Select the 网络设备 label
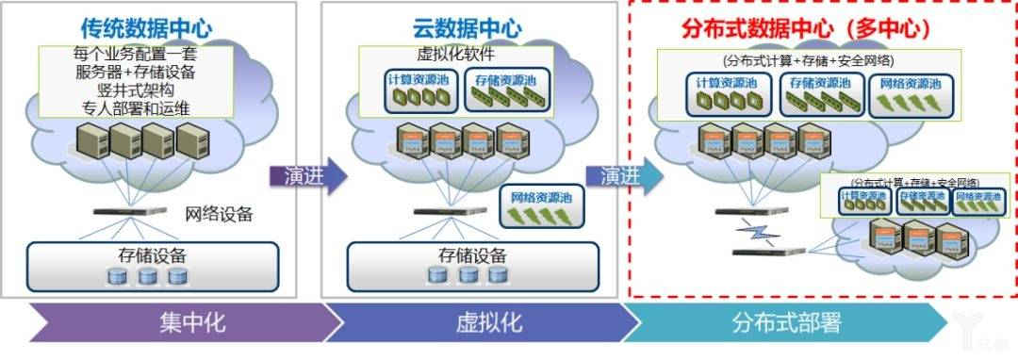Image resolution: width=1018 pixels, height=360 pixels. pos(219,213)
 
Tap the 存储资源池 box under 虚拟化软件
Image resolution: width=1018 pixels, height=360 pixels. pos(501,89)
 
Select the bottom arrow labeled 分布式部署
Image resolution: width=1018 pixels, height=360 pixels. pos(788,323)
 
